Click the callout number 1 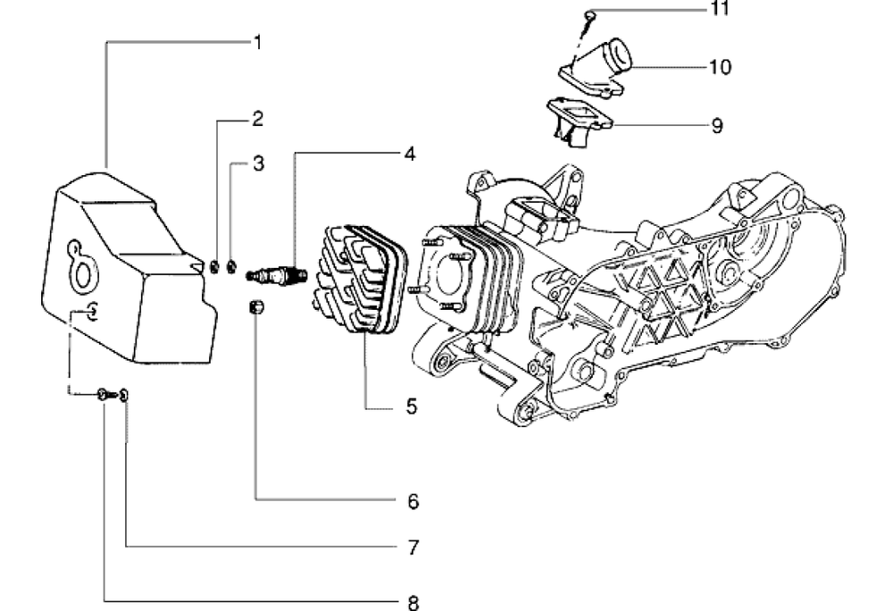258,43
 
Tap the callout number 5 411,406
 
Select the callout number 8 413,602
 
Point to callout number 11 720,9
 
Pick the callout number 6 413,502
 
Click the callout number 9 717,125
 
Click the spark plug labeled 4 276,276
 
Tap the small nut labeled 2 214,266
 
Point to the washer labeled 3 230,266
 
